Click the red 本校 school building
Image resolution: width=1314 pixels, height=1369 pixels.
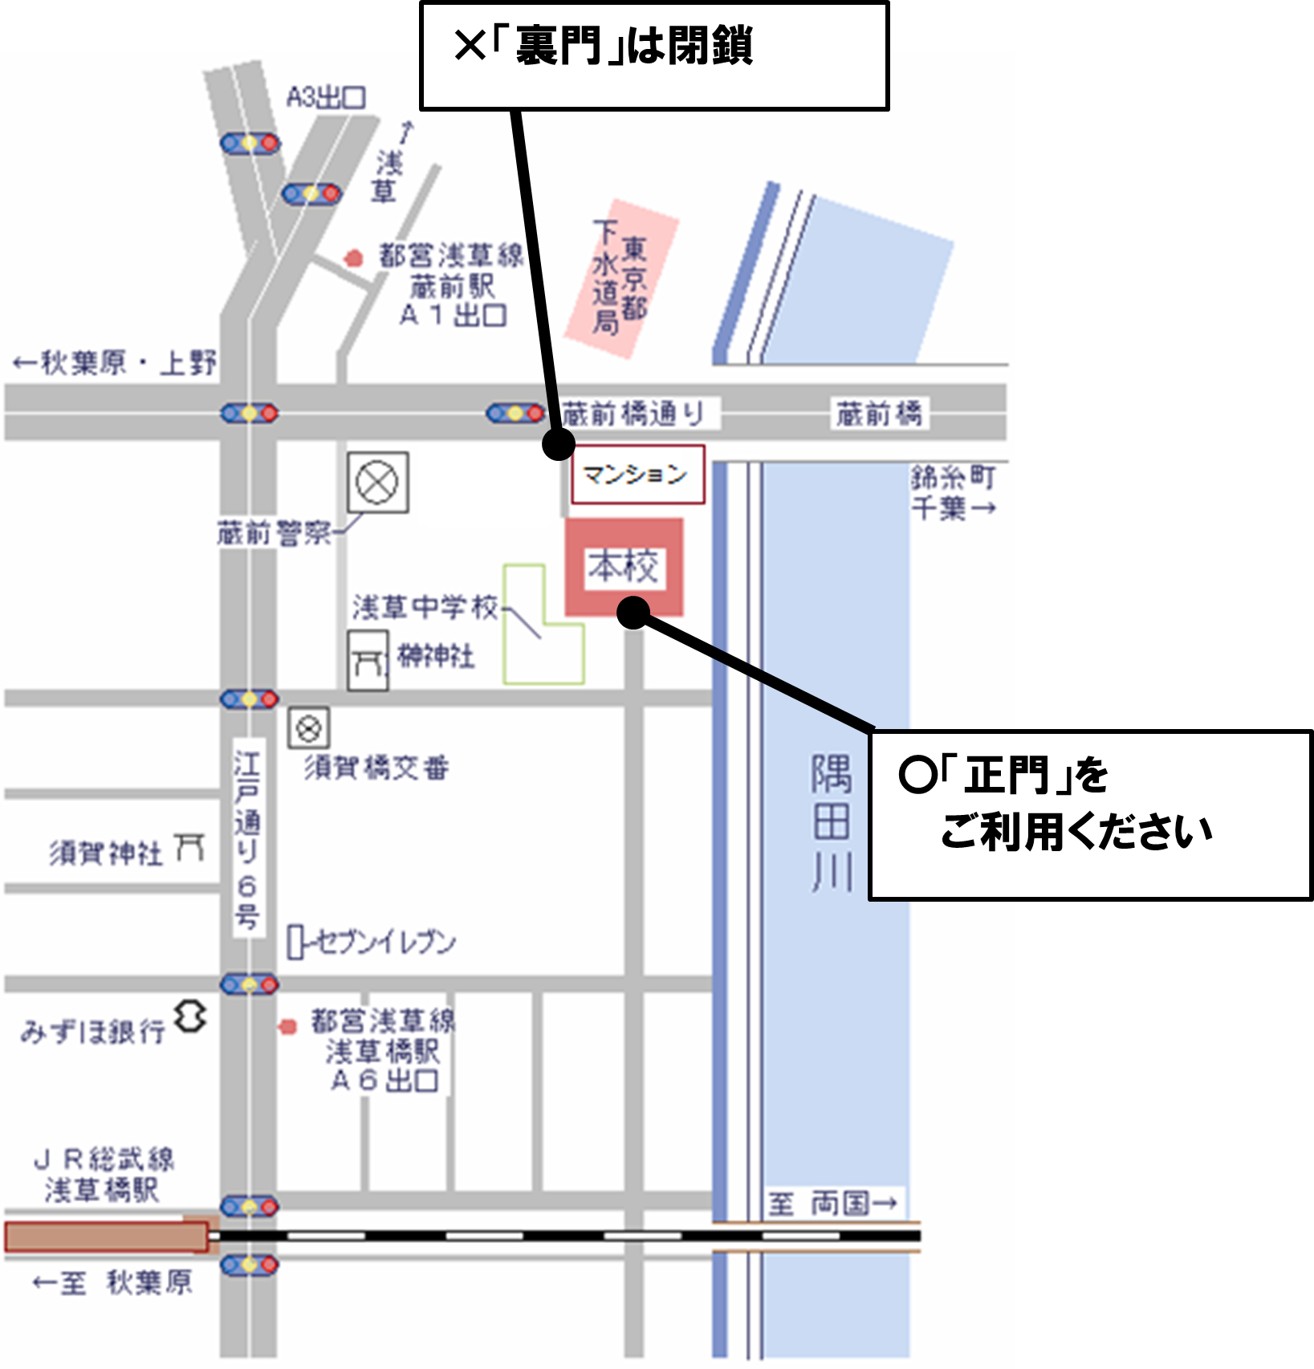click(x=624, y=567)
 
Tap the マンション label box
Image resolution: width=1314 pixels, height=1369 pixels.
click(x=637, y=475)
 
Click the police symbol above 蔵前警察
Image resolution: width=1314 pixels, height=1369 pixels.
click(x=377, y=483)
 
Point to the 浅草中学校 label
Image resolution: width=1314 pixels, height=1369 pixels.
click(x=425, y=607)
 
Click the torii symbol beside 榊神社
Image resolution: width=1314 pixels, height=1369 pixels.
click(x=368, y=661)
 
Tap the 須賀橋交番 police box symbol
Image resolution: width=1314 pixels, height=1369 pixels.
click(x=309, y=729)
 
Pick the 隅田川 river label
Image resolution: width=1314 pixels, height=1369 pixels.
click(x=831, y=822)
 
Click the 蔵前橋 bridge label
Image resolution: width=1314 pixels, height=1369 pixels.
click(x=879, y=414)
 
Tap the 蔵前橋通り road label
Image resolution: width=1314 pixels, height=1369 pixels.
click(x=633, y=414)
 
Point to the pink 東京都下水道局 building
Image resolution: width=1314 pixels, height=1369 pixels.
click(x=621, y=278)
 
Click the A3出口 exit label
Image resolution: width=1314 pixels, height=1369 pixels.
click(x=326, y=98)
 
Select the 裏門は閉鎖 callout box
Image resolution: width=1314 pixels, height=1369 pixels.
click(x=653, y=56)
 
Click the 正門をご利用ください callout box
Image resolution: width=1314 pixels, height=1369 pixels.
click(x=1088, y=814)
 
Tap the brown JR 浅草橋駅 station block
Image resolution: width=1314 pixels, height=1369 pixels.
click(x=106, y=1237)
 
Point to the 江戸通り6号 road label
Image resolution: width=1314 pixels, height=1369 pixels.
click(x=247, y=839)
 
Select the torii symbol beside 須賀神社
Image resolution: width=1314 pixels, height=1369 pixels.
click(x=190, y=848)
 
